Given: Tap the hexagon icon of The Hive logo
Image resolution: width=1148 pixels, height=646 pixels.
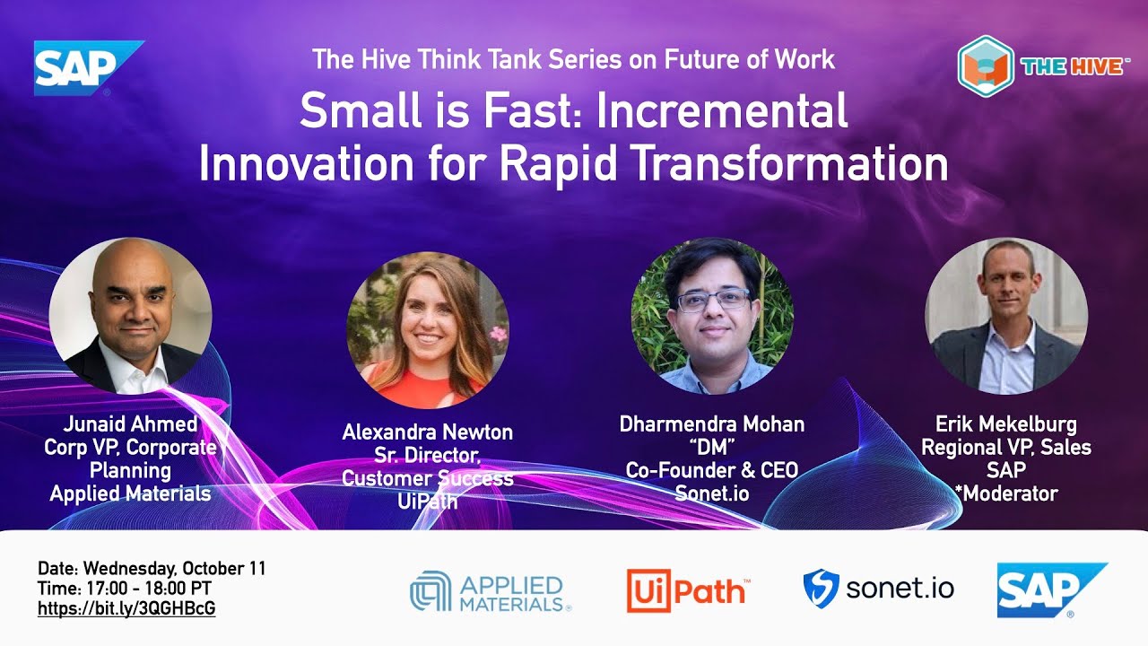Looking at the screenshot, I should click(x=985, y=65).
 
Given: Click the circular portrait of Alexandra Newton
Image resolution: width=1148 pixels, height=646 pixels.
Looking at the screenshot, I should click(x=428, y=330).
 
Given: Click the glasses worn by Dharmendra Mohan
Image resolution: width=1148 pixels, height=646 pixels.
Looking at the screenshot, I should click(x=712, y=301).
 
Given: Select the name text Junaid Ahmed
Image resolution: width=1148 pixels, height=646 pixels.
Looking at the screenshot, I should click(x=130, y=424).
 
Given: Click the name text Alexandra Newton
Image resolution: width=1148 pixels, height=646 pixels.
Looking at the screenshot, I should click(x=428, y=432).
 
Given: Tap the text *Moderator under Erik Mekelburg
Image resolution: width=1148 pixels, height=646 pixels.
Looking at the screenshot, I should click(x=1005, y=493).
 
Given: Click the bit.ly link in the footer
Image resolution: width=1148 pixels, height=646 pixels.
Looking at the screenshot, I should click(x=126, y=608).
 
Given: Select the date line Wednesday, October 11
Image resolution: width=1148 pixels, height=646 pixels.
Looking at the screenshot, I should click(x=152, y=569).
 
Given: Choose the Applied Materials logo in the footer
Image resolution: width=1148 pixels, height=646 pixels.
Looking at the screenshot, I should click(x=491, y=592).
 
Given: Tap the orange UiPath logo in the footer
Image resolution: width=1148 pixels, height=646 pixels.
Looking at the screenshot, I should click(x=687, y=590).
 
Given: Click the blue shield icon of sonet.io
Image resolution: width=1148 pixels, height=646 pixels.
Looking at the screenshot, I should click(x=820, y=589).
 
